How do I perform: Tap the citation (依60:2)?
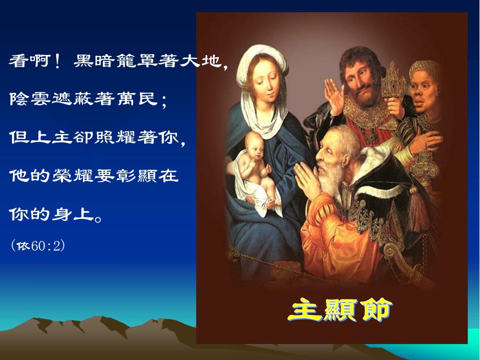click(x=37, y=245)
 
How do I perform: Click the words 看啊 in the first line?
click(x=29, y=61)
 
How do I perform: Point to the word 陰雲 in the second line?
click(x=30, y=98)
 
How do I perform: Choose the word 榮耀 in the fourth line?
click(x=72, y=175)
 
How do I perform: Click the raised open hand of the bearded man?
click(x=334, y=96)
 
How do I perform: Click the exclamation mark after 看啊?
click(x=57, y=61)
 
